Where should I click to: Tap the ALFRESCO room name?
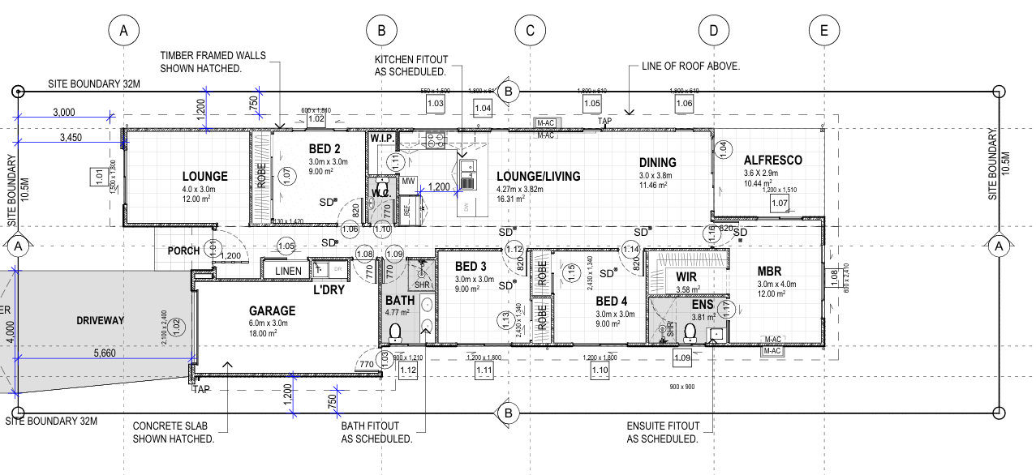772,160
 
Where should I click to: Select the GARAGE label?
272,310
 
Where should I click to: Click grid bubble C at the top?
530,31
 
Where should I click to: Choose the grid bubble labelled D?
713,31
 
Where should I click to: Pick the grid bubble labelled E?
823,31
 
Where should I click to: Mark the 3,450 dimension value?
71,139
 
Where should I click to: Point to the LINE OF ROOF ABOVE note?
690,66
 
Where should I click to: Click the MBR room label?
769,271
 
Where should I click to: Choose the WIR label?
686,276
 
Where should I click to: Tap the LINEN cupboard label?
288,271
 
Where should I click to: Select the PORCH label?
183,250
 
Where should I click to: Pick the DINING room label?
657,162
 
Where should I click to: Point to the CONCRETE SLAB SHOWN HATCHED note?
173,432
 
